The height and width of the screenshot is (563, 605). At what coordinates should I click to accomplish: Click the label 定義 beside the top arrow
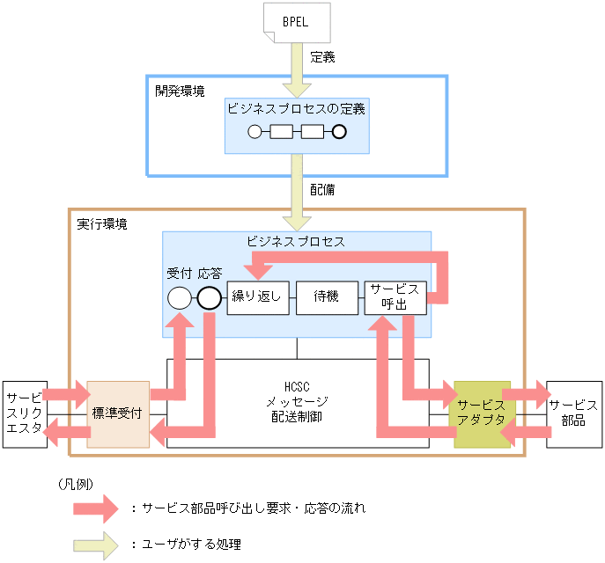pyautogui.click(x=322, y=58)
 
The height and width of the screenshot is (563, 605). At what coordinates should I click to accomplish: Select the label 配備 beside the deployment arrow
pyautogui.click(x=322, y=189)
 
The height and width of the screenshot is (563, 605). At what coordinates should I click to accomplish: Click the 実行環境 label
pyautogui.click(x=102, y=224)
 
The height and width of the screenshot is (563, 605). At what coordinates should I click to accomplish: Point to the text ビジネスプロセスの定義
pyautogui.click(x=296, y=109)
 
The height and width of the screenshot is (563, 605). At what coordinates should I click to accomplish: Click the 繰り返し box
pyautogui.click(x=255, y=297)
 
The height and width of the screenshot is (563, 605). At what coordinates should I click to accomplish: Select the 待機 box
pyautogui.click(x=325, y=297)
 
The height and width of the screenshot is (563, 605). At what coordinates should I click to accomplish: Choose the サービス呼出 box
pyautogui.click(x=395, y=297)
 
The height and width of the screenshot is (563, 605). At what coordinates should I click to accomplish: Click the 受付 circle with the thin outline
pyautogui.click(x=179, y=298)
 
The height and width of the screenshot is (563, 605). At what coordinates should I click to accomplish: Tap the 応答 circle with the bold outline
pyautogui.click(x=209, y=298)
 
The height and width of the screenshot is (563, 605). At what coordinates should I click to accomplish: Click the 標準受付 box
pyautogui.click(x=118, y=413)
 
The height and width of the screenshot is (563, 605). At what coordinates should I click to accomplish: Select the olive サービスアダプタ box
pyautogui.click(x=482, y=413)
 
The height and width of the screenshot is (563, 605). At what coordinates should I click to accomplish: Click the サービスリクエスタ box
pyautogui.click(x=25, y=413)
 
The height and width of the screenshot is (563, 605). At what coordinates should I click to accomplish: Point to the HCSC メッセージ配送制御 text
pyautogui.click(x=298, y=401)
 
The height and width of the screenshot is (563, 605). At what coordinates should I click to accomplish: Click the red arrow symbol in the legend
pyautogui.click(x=94, y=508)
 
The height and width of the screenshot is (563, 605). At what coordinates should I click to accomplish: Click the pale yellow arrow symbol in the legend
pyautogui.click(x=94, y=544)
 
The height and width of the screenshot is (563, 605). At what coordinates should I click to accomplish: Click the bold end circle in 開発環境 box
pyautogui.click(x=338, y=133)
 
